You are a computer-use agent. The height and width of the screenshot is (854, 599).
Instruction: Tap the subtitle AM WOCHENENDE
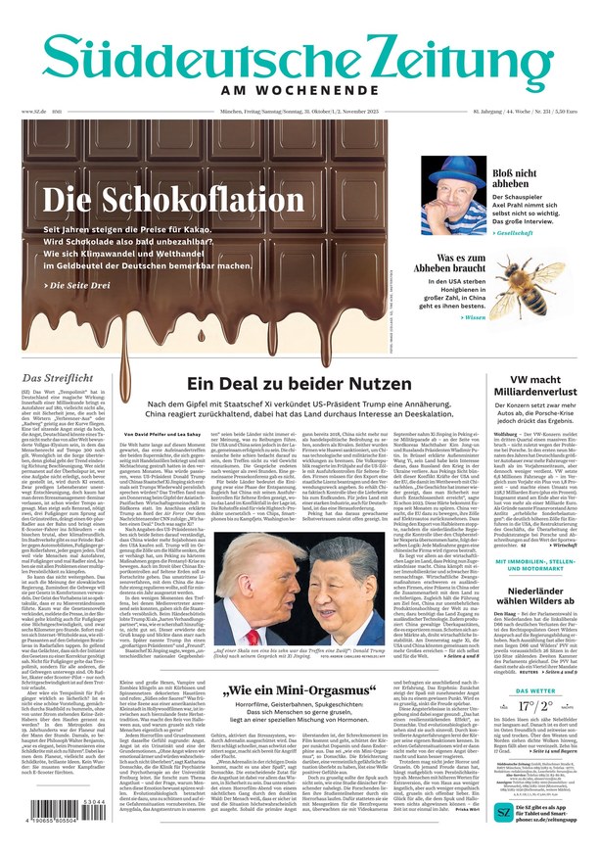299,91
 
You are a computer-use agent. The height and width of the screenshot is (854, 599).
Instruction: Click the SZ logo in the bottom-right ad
504,813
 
